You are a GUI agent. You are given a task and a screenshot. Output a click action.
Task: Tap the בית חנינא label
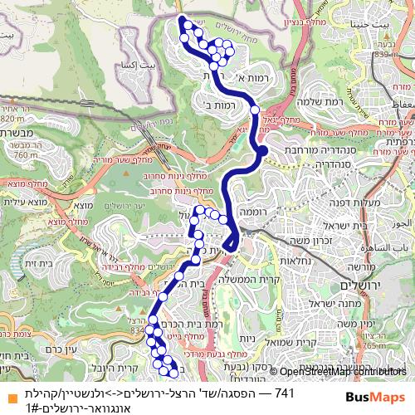coord(388,37)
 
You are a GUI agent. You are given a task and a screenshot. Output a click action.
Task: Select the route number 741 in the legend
coord(285,392)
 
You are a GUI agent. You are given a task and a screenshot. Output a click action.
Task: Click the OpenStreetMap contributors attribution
coord(340,373)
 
